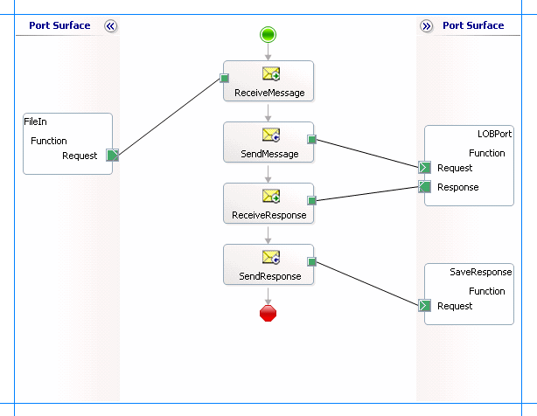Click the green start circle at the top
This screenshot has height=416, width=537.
pos(268,34)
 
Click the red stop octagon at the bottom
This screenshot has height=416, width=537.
pos(268,313)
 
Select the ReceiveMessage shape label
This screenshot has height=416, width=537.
pos(268,93)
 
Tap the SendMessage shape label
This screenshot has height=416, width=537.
pos(268,154)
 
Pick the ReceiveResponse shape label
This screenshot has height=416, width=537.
pos(268,215)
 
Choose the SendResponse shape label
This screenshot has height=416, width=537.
pos(268,276)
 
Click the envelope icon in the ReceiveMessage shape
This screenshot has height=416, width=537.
pos(269,73)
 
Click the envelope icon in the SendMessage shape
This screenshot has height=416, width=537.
pos(269,135)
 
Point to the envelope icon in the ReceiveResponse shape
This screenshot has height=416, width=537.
pos(269,196)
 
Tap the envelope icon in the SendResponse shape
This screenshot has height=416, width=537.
pos(269,257)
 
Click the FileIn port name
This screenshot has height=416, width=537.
pos(36,121)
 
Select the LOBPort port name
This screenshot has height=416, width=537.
pos(494,134)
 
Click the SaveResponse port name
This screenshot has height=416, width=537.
pos(480,272)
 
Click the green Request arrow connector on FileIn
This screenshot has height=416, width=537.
pos(113,156)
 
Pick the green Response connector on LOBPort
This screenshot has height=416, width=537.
pos(424,186)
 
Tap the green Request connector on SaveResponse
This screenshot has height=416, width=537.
pos(424,306)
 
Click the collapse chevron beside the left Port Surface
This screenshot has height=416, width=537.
pos(110,26)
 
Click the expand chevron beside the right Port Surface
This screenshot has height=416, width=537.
pos(426,26)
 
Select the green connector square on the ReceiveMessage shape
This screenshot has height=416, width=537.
pos(225,78)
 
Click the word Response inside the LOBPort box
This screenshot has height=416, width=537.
pos(457,187)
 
